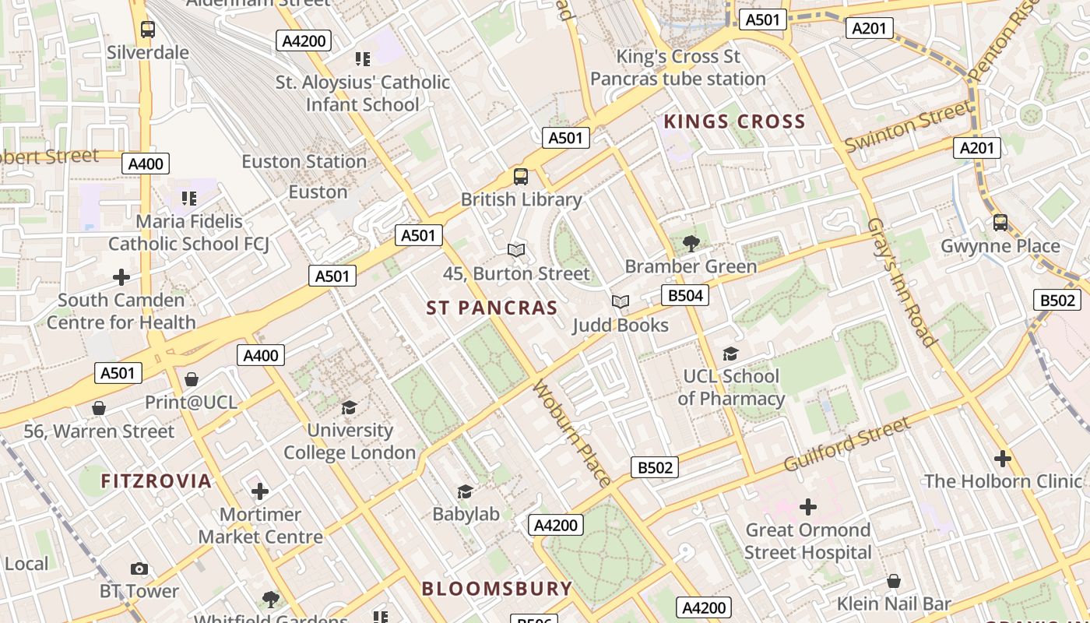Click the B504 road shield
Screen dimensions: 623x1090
(x=685, y=295)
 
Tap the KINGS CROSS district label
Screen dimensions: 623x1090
(x=734, y=121)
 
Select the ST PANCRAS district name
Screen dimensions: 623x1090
(x=492, y=308)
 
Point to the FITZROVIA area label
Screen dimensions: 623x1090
(x=156, y=481)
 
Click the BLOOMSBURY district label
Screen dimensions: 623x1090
(x=497, y=589)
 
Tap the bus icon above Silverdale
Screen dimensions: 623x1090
(x=147, y=30)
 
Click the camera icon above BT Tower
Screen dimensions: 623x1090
(x=139, y=568)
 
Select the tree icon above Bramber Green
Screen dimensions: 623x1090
(x=691, y=243)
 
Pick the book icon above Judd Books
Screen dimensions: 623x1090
(x=620, y=301)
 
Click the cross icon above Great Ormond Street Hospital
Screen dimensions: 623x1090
(x=808, y=507)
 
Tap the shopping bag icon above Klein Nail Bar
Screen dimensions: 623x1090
(x=894, y=581)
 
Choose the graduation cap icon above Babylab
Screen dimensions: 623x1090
(x=465, y=491)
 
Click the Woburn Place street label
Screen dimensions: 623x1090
(x=571, y=433)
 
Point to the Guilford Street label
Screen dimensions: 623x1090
(x=846, y=444)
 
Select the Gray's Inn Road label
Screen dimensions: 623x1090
(x=901, y=282)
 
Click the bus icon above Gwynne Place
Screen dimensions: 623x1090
(x=1000, y=223)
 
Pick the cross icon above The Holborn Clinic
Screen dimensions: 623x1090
(x=1003, y=458)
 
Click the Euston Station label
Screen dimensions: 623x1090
(x=304, y=162)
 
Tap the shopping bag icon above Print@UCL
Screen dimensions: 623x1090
(x=192, y=379)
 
